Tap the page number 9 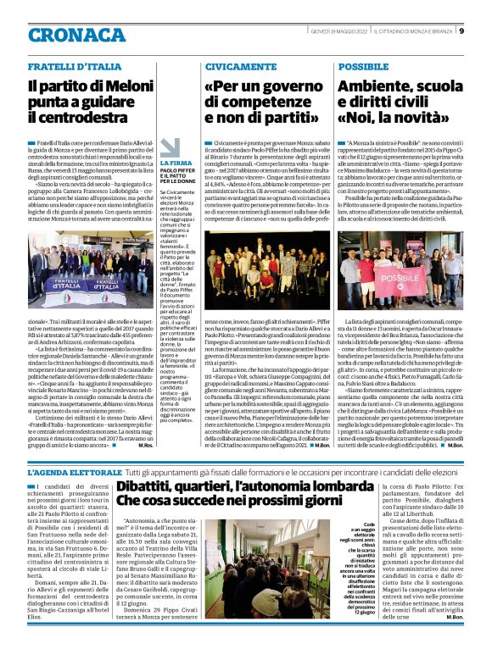tap(461, 32)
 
